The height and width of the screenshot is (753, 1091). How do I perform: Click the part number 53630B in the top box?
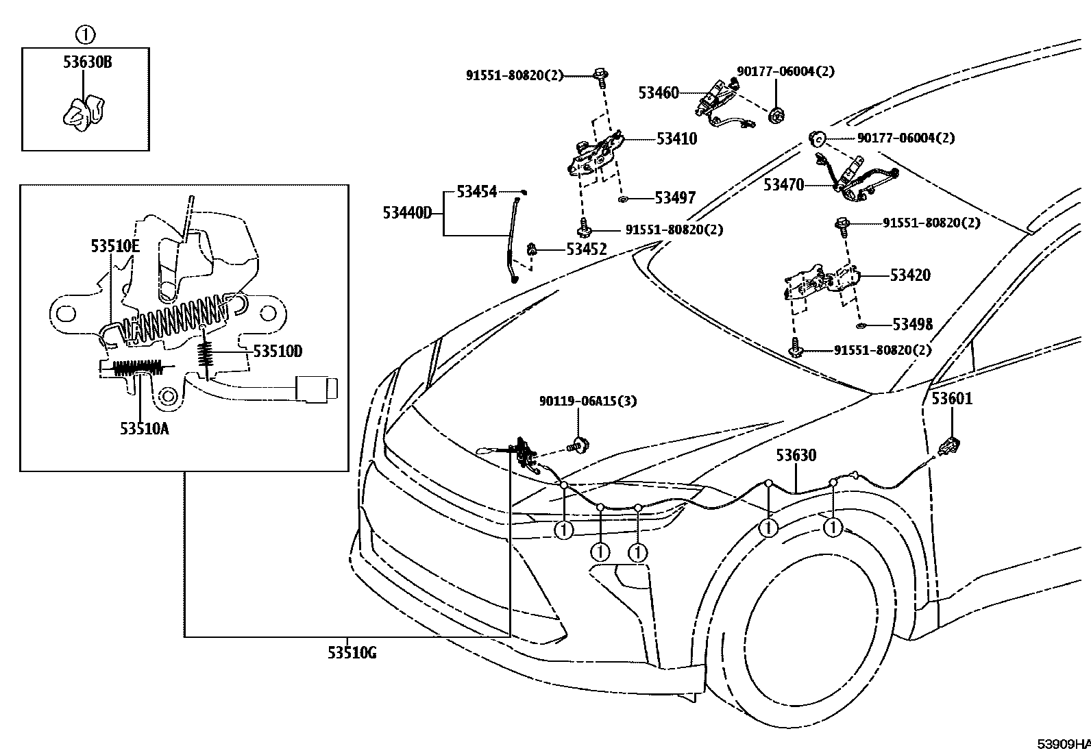click(x=87, y=62)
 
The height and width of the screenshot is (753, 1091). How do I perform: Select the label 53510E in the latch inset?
click(x=114, y=245)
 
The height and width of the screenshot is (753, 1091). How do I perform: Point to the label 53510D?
click(x=278, y=351)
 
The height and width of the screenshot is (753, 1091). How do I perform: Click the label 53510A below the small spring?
click(x=144, y=429)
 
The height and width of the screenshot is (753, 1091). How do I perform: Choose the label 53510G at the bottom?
click(x=352, y=653)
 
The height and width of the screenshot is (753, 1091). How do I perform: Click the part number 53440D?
click(x=407, y=213)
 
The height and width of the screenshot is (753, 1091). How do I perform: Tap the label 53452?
click(x=587, y=249)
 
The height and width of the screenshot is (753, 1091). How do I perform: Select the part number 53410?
click(x=676, y=139)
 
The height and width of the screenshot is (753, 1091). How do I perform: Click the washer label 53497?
click(x=675, y=198)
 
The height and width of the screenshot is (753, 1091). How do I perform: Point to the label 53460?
click(x=658, y=92)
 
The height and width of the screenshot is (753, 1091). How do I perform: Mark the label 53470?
click(x=783, y=185)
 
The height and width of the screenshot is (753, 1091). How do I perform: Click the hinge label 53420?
click(x=910, y=275)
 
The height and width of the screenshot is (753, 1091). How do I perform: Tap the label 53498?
click(x=912, y=324)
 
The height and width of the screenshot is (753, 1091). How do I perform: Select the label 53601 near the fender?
click(x=951, y=398)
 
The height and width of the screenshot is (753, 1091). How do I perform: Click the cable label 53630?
click(x=796, y=456)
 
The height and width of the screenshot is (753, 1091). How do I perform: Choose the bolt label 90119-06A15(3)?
click(x=587, y=401)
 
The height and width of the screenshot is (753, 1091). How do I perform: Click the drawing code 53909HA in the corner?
click(x=1062, y=743)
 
